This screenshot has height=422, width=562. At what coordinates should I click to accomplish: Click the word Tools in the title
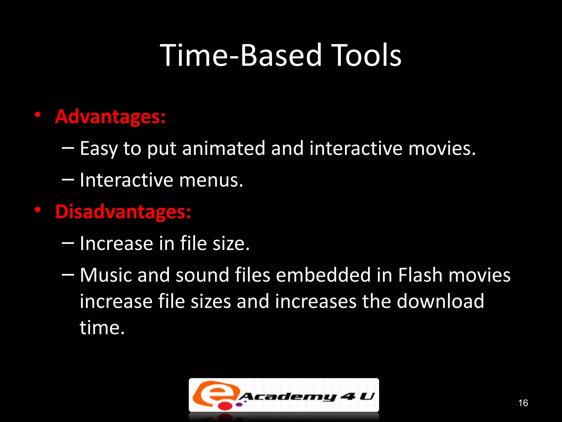pos(366,55)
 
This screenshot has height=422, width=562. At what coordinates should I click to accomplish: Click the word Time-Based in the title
pos(240,55)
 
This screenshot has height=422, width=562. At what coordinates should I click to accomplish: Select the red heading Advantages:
pos(110,117)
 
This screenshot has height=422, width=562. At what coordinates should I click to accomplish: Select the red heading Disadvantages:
pos(123,212)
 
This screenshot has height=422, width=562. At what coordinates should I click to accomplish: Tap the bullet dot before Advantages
pos(38,115)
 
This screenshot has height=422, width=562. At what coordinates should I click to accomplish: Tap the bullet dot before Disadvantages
pos(38,210)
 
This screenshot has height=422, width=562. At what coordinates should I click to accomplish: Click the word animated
pos(223,148)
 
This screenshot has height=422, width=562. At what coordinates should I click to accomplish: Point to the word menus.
pos(211,180)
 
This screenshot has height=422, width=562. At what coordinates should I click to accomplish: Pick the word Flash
pos(420,275)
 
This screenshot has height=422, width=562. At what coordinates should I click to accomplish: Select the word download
pos(440,301)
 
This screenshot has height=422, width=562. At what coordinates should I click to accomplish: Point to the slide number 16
pos(523,403)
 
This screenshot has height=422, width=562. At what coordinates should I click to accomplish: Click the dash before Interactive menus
pos(68,180)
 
